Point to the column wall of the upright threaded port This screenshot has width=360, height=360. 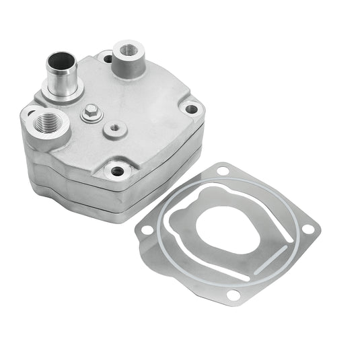tap(128, 67)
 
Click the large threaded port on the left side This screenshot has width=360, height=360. tap(49, 123)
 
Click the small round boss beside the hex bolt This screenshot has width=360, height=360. tap(115, 127)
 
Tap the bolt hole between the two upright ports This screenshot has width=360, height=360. tap(108, 59)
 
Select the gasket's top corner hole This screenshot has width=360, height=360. tap(223, 171)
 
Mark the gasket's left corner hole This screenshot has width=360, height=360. tap(146, 229)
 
